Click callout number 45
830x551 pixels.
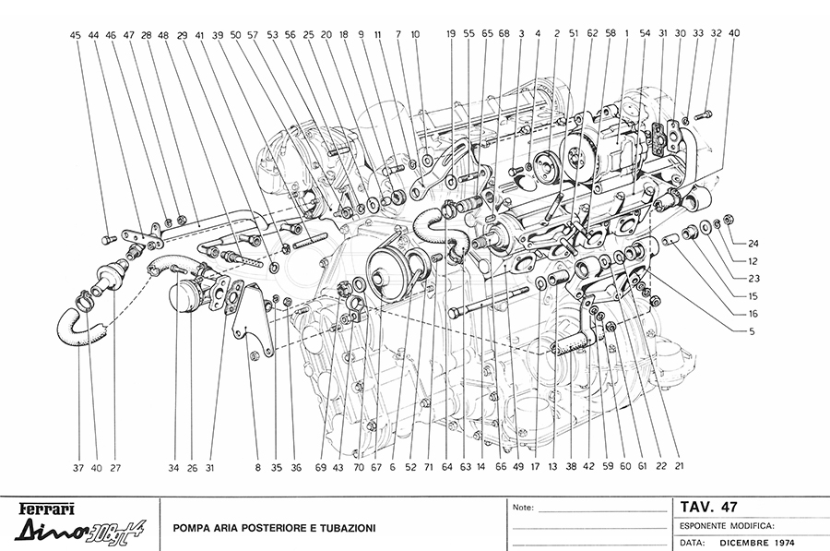76,34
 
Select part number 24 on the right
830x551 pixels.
753,244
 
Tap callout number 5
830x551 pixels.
753,329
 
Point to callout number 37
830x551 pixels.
79,467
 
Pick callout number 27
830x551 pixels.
115,467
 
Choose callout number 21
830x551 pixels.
679,467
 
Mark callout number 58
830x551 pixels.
610,33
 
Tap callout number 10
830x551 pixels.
415,33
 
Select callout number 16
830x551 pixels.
753,314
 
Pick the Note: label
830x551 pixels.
523,507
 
